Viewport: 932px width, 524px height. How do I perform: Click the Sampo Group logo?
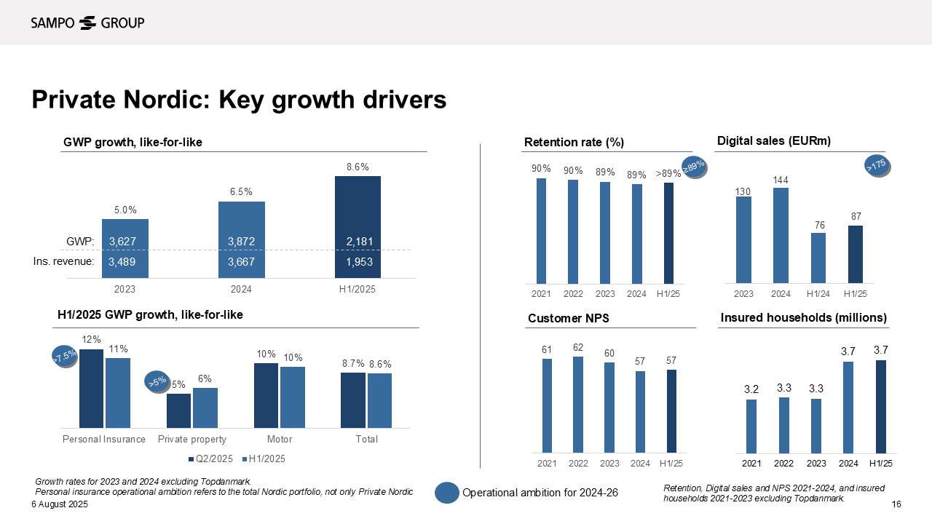[87, 23]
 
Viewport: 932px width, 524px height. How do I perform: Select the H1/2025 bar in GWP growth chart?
[358, 226]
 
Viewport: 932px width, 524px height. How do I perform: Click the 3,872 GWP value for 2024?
[241, 241]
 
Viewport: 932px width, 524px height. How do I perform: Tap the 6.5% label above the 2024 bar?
[241, 192]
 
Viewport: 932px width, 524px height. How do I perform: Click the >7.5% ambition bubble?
[64, 356]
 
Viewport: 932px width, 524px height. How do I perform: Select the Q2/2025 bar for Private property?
[178, 410]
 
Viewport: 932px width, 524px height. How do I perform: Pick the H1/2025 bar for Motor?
[293, 397]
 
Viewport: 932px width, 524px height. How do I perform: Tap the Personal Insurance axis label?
[104, 440]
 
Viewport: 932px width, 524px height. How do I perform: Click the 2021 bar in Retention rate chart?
[541, 231]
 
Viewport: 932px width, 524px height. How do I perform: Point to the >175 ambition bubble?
[877, 166]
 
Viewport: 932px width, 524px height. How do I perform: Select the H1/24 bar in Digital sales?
[818, 258]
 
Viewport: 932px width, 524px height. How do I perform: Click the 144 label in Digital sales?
[781, 179]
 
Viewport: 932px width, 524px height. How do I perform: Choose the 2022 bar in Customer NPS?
[578, 405]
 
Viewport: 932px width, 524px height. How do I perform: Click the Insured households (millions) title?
[803, 318]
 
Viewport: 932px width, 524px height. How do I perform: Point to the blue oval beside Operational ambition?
[446, 493]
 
